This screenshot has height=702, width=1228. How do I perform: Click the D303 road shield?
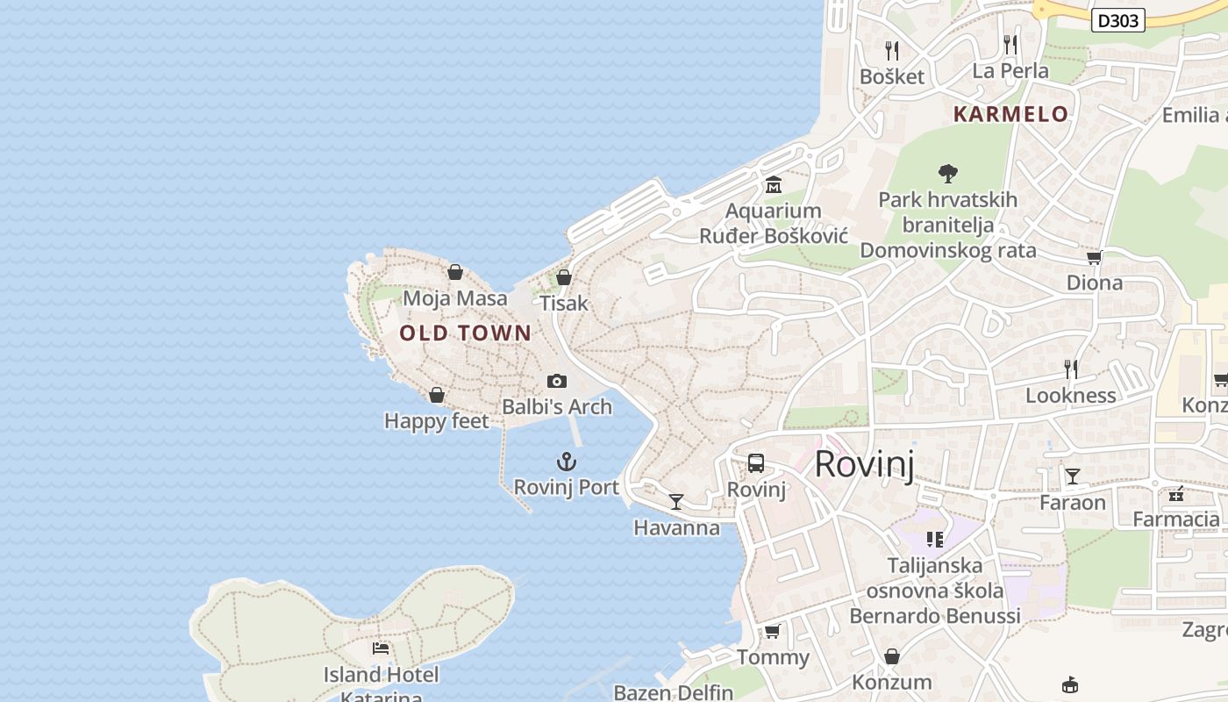tap(1118, 20)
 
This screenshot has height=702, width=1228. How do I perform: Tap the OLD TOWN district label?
tap(465, 333)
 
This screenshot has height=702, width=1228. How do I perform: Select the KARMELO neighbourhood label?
tap(1010, 114)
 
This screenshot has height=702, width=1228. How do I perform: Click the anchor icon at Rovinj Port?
tap(567, 461)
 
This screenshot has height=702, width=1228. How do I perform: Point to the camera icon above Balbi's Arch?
tap(557, 381)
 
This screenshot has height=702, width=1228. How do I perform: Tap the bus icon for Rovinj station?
tap(756, 463)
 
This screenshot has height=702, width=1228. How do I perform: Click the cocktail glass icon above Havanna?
tap(676, 501)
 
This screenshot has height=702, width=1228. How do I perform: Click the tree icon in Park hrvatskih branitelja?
tap(947, 173)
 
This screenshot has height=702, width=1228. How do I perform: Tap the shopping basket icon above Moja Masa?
tap(455, 272)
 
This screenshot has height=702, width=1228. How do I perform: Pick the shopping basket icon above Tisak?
tap(564, 277)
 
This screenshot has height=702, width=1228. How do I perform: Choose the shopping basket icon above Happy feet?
tap(437, 395)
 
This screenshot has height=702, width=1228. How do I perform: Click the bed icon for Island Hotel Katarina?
tap(381, 648)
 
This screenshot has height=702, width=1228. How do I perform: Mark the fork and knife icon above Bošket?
tap(892, 50)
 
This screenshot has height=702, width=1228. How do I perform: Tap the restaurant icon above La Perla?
tap(1010, 44)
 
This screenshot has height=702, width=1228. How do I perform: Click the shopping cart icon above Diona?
tap(1094, 257)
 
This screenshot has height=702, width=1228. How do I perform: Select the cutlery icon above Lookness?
tap(1070, 369)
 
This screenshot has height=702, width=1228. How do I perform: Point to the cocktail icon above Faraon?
tap(1072, 476)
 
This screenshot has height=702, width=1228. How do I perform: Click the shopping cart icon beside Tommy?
tap(773, 631)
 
